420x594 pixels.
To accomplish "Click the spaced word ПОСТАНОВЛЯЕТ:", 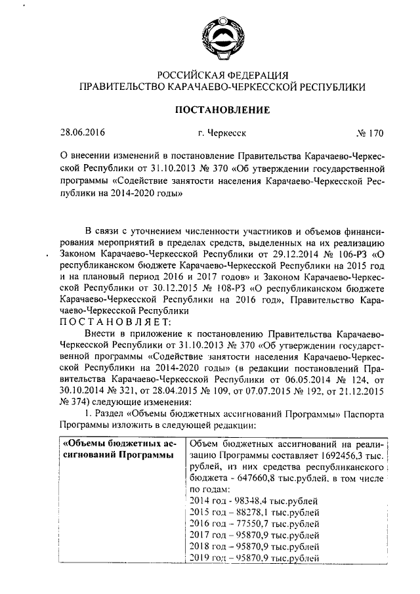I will [x=115, y=321].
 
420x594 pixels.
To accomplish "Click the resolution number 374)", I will [x=71, y=401].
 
